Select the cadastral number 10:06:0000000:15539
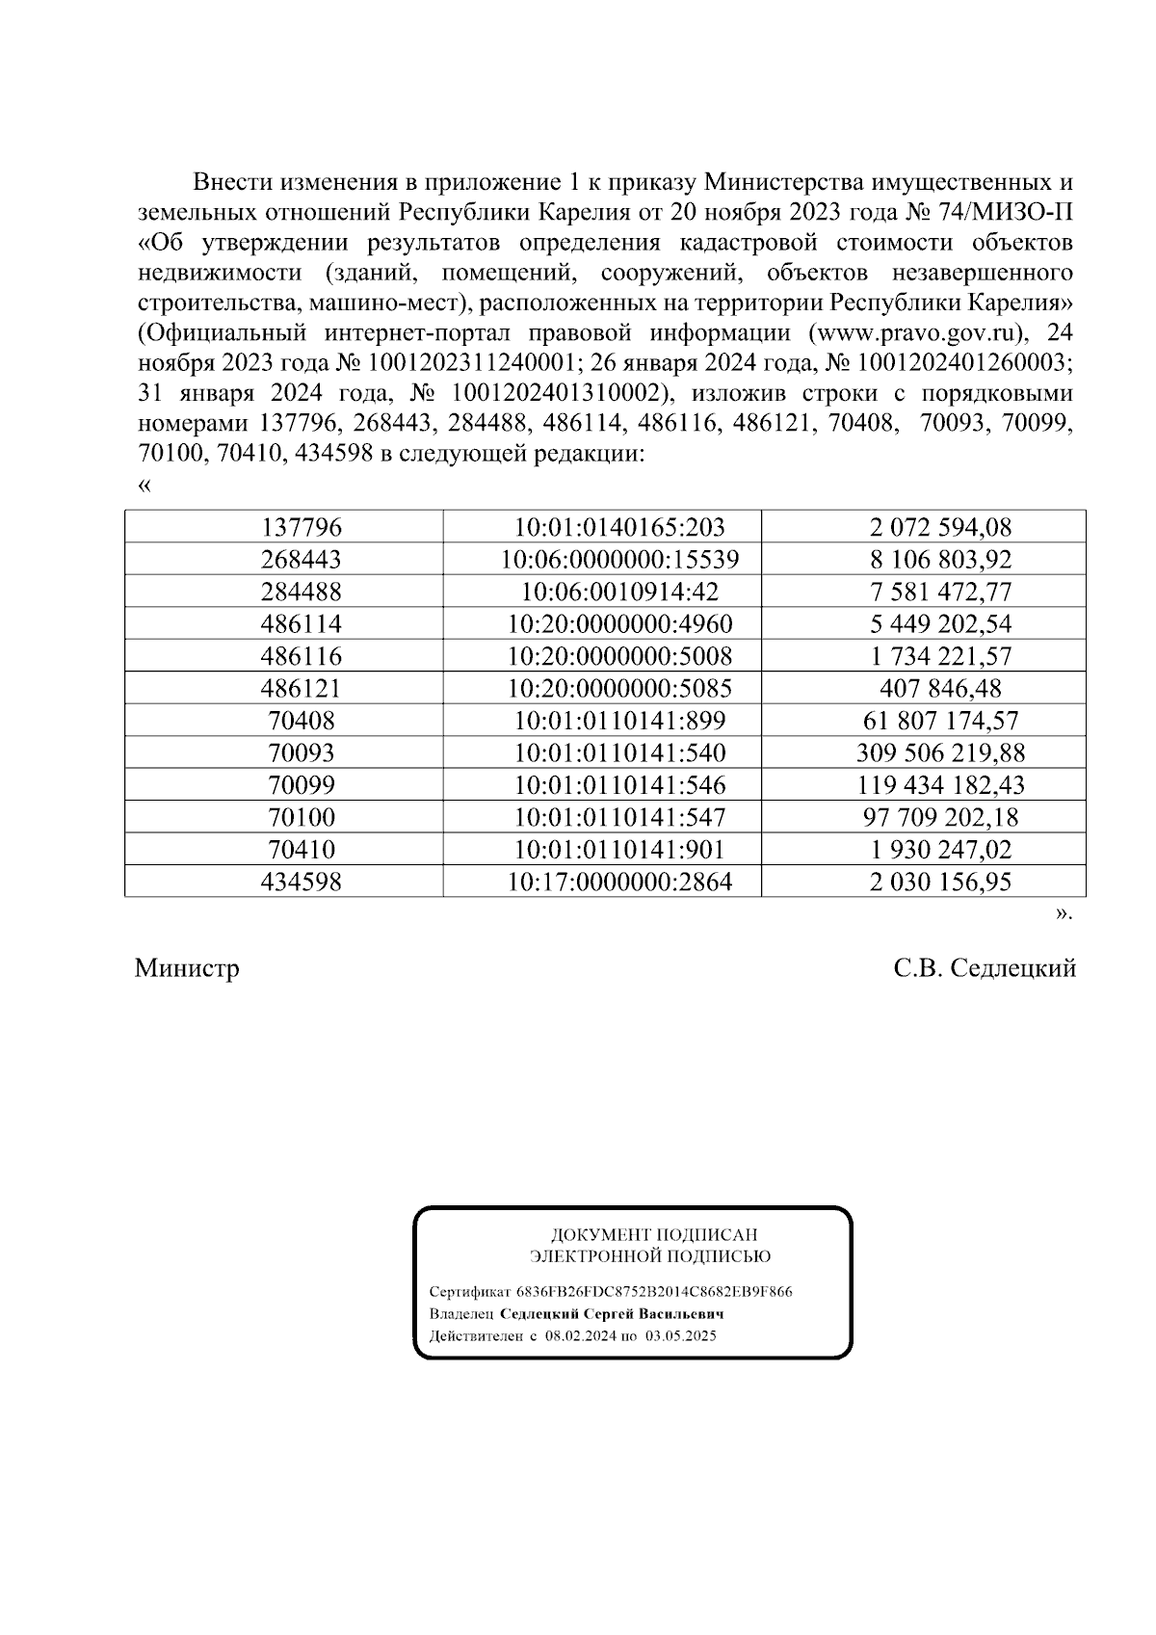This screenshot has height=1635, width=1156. coord(619,560)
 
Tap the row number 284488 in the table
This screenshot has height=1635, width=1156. coord(301,592)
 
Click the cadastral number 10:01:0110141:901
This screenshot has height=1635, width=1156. coord(619,850)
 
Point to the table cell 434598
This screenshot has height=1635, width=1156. coord(301,882)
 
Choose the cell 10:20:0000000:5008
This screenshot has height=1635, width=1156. coord(619,656)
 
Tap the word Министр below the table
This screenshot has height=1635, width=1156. coord(187,968)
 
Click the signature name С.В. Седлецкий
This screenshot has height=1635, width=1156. coord(984,968)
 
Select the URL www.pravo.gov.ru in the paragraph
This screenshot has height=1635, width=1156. coord(917,333)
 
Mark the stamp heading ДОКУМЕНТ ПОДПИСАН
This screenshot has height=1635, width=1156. coord(653,1234)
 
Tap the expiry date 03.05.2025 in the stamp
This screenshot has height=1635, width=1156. coord(681,1336)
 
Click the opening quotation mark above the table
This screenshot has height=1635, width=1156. coord(144,486)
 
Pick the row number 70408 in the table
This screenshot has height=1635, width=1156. coord(301,721)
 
